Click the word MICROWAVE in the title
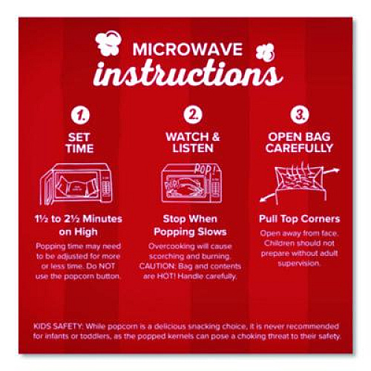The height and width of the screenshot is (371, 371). [188, 49]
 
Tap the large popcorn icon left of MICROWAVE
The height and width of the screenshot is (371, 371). [109, 42]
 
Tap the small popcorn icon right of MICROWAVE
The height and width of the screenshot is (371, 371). [265, 53]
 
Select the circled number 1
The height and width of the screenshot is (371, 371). [80, 115]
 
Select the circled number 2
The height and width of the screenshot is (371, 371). [193, 114]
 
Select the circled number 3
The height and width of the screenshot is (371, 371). [300, 114]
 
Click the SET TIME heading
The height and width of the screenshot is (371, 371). [79, 143]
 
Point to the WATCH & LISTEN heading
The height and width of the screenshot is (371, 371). [193, 142]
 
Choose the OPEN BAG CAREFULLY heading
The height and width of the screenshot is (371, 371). [299, 142]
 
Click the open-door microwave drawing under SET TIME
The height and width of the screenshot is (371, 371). [76, 184]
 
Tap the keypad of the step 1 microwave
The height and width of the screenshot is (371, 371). [107, 187]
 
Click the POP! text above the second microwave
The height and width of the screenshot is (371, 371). [203, 168]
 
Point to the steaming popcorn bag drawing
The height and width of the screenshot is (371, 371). [299, 184]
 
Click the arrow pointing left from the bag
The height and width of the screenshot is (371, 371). [268, 197]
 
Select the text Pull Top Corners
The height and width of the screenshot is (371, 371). [300, 220]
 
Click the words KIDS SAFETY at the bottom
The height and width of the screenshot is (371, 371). [57, 326]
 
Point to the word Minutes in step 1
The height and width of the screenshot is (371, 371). [102, 219]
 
